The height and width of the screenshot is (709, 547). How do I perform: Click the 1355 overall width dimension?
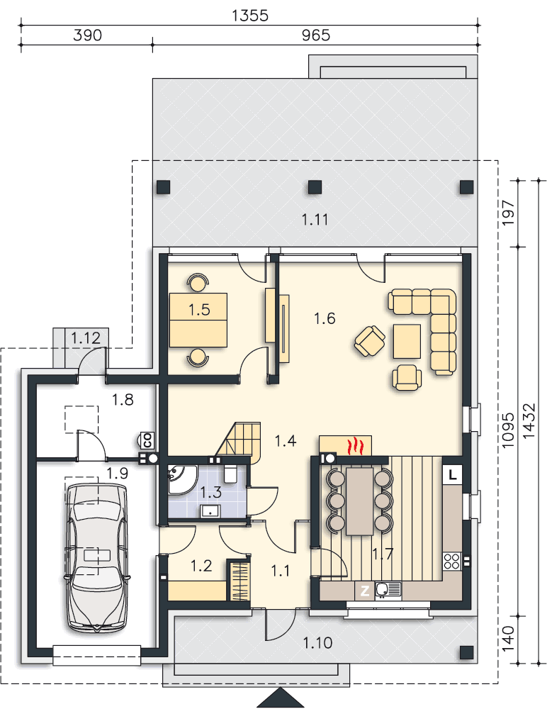click(250, 16)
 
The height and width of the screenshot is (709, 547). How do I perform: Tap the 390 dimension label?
click(87, 35)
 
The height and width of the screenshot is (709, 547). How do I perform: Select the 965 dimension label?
click(316, 35)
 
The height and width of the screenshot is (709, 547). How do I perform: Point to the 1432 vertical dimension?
click(529, 420)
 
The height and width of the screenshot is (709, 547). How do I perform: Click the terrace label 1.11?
click(315, 220)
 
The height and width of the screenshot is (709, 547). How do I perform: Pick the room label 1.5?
click(199, 310)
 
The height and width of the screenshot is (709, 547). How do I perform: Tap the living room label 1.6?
click(325, 318)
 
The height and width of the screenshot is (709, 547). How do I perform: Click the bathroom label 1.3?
click(210, 492)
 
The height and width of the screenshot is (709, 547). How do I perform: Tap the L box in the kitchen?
click(453, 475)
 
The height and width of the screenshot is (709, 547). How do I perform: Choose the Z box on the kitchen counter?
click(364, 591)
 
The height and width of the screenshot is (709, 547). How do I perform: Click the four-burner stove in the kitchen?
click(452, 561)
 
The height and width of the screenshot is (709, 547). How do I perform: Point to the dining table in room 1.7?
click(359, 501)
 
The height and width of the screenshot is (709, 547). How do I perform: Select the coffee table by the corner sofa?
click(407, 341)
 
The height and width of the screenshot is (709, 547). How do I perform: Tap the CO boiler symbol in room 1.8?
click(147, 440)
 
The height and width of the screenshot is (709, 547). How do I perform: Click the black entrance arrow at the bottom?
click(281, 698)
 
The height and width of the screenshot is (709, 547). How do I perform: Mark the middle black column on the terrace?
click(315, 186)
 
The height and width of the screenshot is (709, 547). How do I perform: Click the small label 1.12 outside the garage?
click(86, 337)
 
